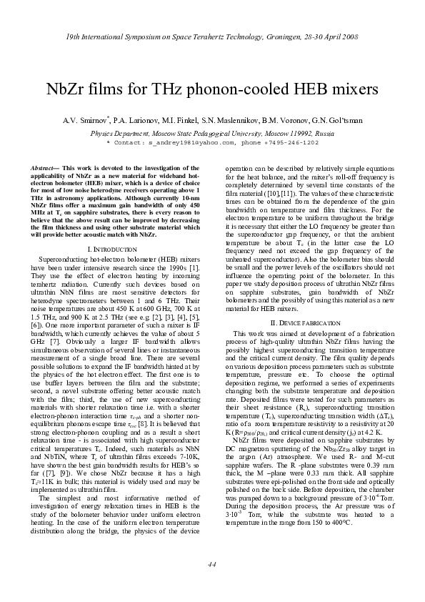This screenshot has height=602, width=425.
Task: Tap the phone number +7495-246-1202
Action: tap(291, 142)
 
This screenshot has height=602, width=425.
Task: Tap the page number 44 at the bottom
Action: tap(212, 564)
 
